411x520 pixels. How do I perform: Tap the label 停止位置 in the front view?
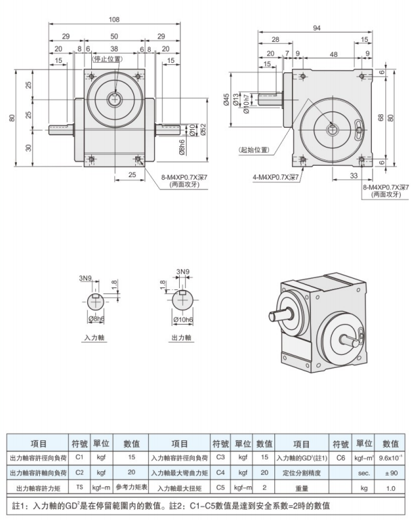[x=107, y=59]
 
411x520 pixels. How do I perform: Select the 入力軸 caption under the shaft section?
[x=93, y=335]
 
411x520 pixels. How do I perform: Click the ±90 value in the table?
[x=390, y=473]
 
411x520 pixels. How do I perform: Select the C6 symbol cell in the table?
[x=341, y=458]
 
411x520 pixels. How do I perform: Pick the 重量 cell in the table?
[x=301, y=487]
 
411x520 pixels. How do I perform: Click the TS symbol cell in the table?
[x=79, y=487]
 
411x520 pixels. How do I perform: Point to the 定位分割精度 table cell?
[x=301, y=473]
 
